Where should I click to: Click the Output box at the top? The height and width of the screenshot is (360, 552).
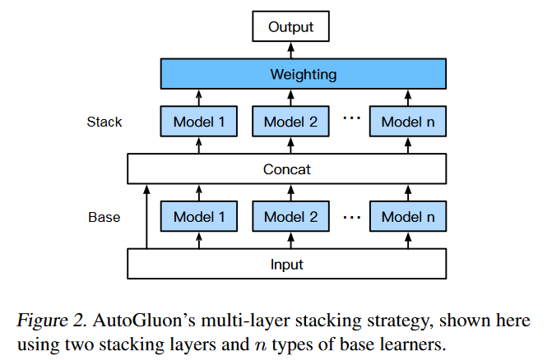290,28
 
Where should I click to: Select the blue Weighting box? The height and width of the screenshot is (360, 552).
303,75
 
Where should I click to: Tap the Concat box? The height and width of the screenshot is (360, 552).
286,169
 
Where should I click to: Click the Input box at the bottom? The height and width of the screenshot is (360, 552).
286,264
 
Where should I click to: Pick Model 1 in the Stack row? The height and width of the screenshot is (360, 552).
197,122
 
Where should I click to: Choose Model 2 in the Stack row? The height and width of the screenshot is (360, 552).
290,122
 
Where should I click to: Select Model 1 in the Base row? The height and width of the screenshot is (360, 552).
197,217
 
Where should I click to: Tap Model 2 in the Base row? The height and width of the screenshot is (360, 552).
290,217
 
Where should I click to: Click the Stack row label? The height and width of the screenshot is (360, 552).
104,122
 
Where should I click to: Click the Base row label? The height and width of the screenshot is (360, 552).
104,218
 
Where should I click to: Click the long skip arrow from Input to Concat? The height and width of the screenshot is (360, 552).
147,218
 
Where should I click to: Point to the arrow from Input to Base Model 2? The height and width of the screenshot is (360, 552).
290,240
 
